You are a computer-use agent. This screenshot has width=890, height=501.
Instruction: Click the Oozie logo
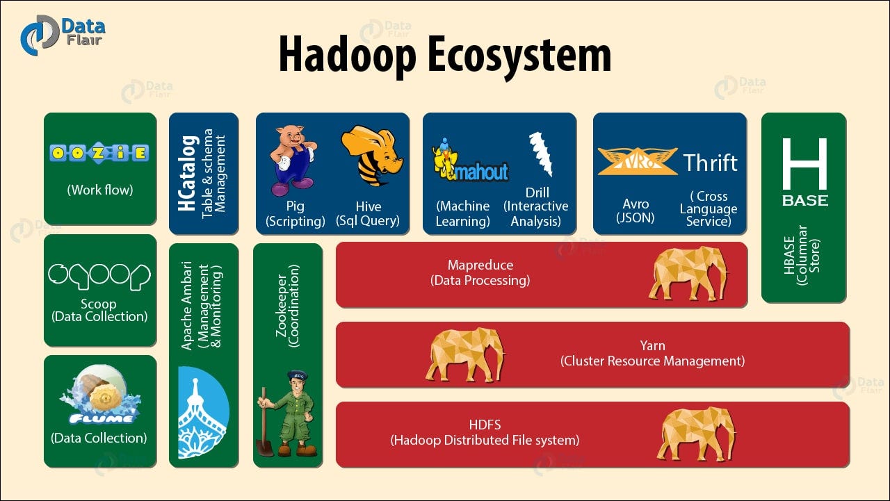(x=99, y=153)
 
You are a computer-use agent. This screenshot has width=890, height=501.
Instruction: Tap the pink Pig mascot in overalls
(x=292, y=160)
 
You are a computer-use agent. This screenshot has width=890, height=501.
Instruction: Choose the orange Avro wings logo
(x=637, y=161)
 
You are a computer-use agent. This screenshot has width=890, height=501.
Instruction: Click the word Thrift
(x=710, y=163)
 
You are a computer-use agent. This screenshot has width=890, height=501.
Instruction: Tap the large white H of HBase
(x=804, y=164)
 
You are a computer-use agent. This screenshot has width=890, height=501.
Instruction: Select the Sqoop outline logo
(x=99, y=275)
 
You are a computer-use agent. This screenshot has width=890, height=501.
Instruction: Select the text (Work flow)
(x=99, y=190)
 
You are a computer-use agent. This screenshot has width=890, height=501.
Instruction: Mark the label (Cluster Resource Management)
(x=652, y=361)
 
